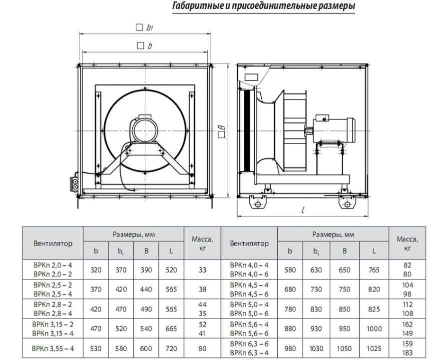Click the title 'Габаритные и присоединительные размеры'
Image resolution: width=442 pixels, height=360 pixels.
tap(263, 6)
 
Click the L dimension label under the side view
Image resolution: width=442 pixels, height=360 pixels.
tap(303, 209)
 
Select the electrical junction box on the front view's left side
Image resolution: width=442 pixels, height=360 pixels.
tap(74, 183)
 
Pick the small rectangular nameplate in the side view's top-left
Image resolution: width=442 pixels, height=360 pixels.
tap(251, 77)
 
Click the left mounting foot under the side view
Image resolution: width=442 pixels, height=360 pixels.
tap(258, 202)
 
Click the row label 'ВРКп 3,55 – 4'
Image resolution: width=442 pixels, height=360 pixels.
tap(53, 348)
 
